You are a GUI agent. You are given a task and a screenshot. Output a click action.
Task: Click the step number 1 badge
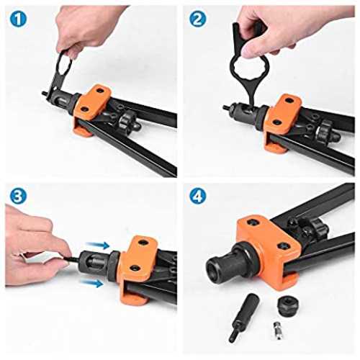click(18, 19)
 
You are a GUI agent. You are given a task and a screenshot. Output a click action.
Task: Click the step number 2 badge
click(198, 19)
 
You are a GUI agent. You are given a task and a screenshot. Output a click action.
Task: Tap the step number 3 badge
click(18, 196)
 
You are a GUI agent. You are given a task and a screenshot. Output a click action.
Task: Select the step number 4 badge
click(198, 196)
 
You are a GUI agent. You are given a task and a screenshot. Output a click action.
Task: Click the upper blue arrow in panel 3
click(98, 245)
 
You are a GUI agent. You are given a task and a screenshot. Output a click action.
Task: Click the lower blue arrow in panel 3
click(92, 283)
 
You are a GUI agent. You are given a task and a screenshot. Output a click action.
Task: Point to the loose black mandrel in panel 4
click(243, 317)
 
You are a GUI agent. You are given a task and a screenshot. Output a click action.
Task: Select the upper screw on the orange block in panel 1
click(100, 91)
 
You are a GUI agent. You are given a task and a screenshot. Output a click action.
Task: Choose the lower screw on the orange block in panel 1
click(84, 109)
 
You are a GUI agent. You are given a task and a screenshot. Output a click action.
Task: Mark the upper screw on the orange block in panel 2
click(290, 101)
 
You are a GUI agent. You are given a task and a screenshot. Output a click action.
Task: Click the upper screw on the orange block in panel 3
click(143, 243)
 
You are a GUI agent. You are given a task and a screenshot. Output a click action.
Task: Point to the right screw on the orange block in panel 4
click(283, 246)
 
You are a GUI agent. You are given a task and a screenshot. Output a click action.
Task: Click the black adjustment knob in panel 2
click(325, 131)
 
